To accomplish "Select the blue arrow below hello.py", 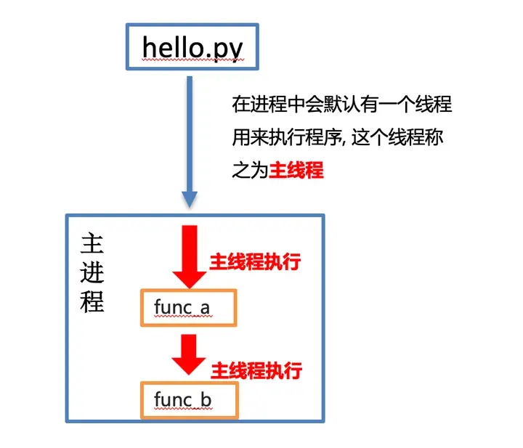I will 190,138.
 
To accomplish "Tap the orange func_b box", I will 190,399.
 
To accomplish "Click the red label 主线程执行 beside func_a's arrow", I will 255,261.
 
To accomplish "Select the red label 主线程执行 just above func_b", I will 256,370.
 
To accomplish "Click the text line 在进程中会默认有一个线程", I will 342,105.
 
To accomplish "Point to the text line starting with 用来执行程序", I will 342,137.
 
